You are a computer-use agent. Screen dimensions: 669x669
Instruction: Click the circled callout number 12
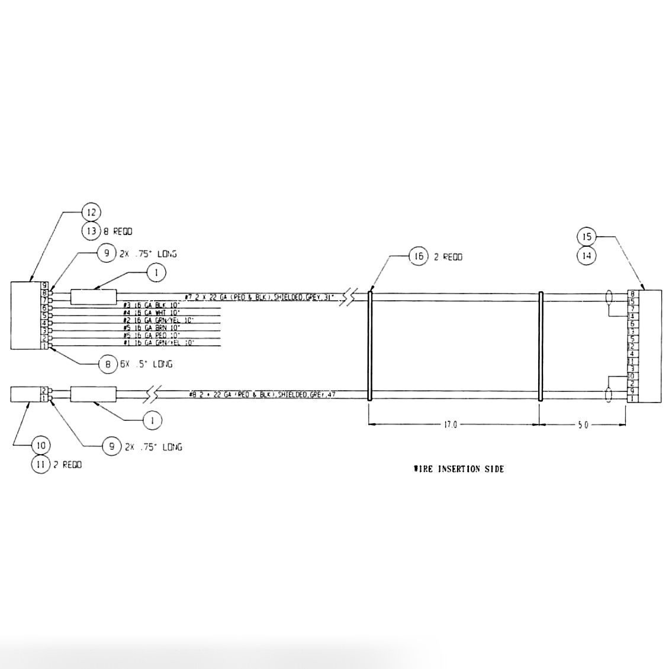[91, 212]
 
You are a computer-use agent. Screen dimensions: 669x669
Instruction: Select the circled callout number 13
[91, 231]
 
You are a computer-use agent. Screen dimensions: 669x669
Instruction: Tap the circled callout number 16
[419, 256]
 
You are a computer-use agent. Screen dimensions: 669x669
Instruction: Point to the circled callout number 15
[587, 236]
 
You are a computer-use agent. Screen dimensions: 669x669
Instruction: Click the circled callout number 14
[587, 256]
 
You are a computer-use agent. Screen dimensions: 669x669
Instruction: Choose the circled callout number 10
[41, 445]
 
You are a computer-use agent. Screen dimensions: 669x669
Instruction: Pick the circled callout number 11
[41, 465]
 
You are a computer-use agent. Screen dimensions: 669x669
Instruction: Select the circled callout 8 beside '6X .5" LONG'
[108, 365]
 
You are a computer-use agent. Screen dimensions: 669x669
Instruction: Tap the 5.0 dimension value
[583, 424]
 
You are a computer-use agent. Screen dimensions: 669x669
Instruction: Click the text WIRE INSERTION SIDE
[459, 469]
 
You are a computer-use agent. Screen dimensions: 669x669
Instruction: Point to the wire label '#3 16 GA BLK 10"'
[151, 305]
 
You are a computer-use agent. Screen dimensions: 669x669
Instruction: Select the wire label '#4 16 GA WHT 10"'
[152, 313]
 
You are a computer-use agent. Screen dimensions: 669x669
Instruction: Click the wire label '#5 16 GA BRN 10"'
[151, 327]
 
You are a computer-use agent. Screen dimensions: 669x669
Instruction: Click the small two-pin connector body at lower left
[25, 394]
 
